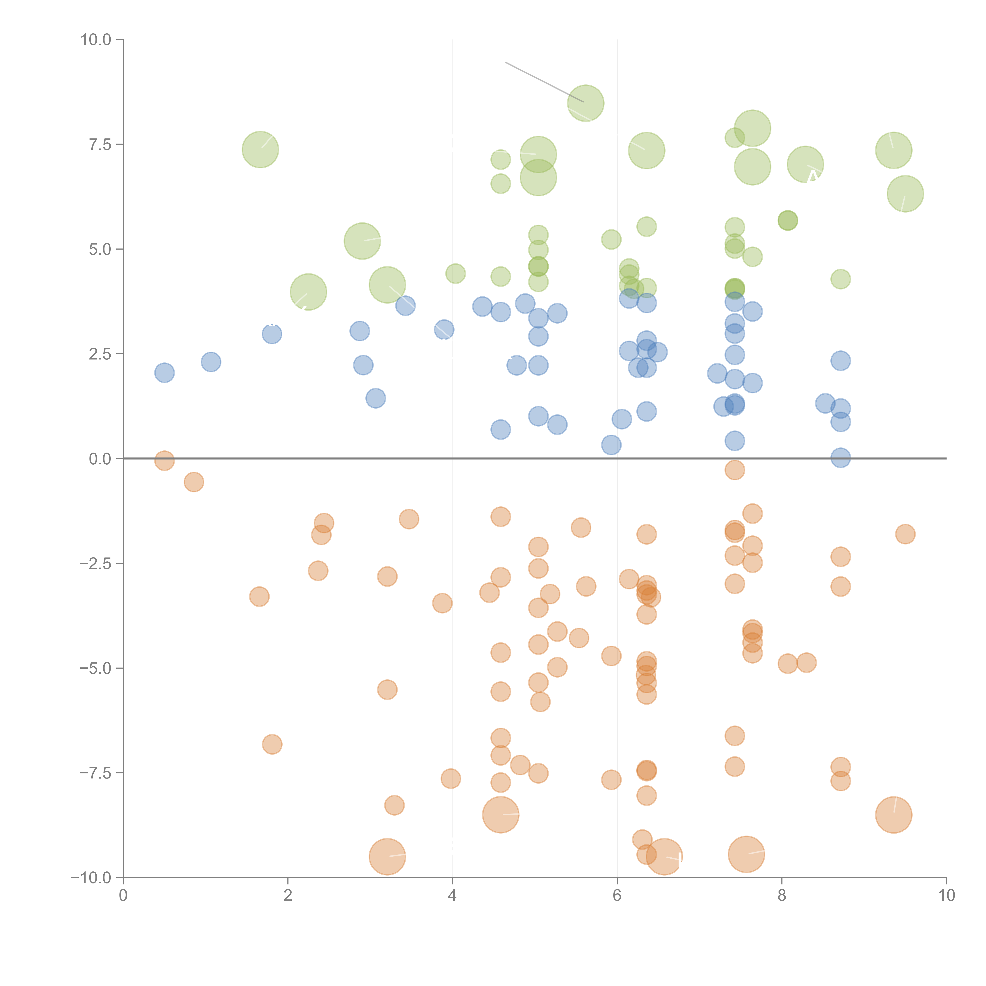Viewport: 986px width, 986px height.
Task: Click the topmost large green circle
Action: pos(585,103)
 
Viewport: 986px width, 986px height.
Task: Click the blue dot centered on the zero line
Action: pos(840,458)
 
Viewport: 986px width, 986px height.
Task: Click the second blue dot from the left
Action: pos(211,362)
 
